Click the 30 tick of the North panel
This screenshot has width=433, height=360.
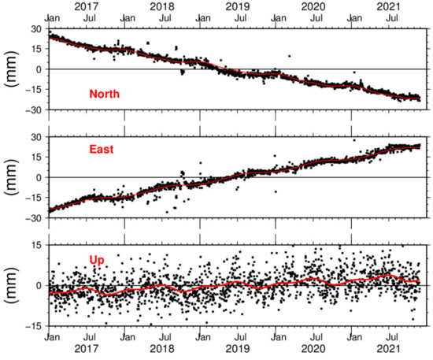[35, 29]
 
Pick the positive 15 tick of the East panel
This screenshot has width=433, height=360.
[35, 157]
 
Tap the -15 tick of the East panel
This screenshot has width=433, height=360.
[32, 198]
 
